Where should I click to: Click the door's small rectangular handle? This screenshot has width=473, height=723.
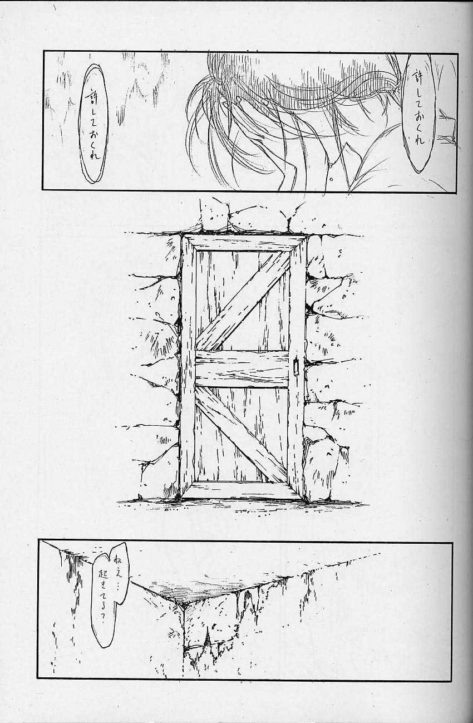(x=295, y=367)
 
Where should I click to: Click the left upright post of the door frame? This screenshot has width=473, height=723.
(x=187, y=367)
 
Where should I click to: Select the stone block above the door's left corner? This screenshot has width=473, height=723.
(x=215, y=215)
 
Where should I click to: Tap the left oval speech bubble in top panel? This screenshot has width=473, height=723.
(x=93, y=124)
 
